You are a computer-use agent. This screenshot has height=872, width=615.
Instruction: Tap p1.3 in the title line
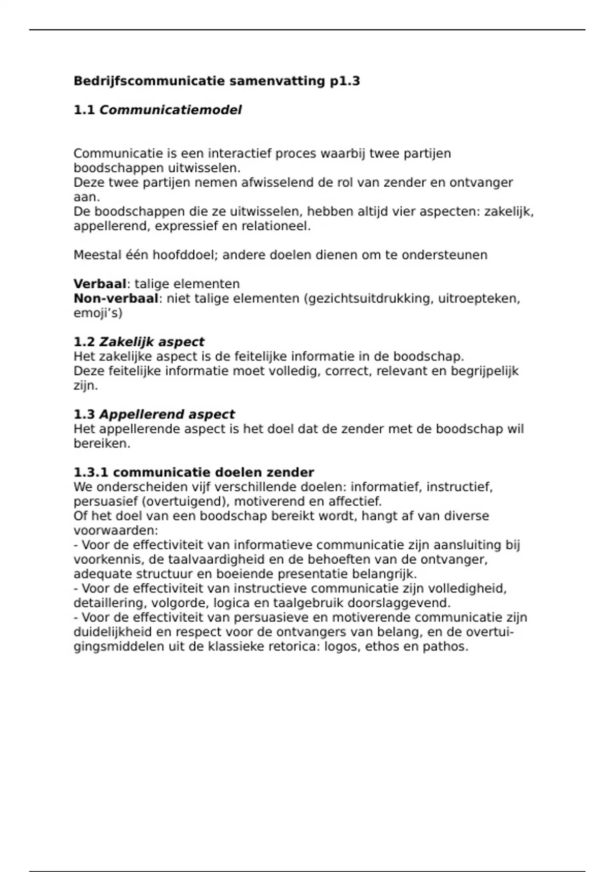click(345, 81)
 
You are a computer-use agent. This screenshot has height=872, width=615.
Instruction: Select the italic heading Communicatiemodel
click(170, 110)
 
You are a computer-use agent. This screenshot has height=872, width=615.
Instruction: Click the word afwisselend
click(272, 183)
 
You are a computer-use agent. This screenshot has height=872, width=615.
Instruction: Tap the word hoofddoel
click(176, 255)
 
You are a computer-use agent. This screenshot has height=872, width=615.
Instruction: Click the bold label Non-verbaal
click(116, 299)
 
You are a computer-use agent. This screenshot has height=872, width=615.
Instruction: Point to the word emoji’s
click(97, 313)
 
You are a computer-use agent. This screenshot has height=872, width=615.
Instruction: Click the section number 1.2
click(84, 342)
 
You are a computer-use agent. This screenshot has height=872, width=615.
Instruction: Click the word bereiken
click(101, 444)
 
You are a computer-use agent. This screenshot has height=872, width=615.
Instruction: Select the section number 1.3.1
click(91, 472)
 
